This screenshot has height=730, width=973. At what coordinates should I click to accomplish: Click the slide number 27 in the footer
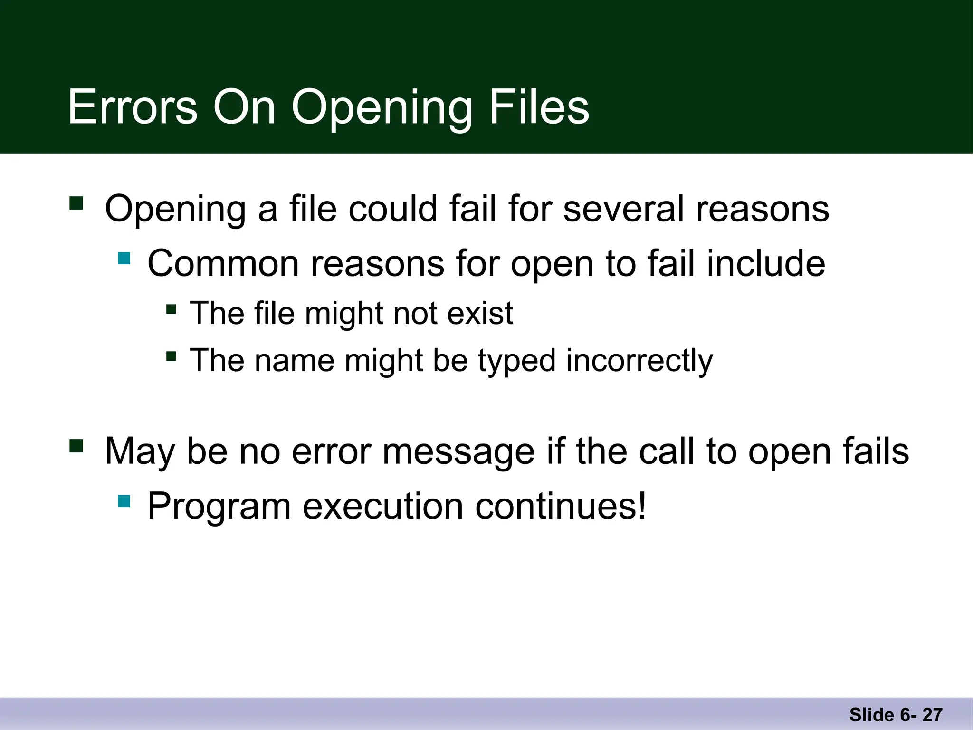point(933,715)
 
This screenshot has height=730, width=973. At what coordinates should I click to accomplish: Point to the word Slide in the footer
point(872,715)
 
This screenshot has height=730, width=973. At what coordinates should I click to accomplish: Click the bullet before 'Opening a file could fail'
point(76,203)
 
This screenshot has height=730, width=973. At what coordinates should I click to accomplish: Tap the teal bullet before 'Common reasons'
point(124,259)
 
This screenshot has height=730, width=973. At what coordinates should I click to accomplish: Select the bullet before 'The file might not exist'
point(171,310)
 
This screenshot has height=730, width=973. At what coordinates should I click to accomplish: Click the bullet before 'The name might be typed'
point(171,356)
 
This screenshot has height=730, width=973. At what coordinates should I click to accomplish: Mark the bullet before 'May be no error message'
point(76,446)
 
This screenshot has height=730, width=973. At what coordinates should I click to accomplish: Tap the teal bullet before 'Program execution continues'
point(124,501)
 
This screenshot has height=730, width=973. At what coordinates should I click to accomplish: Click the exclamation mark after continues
point(642,506)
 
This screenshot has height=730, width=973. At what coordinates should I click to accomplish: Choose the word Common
point(223,263)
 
